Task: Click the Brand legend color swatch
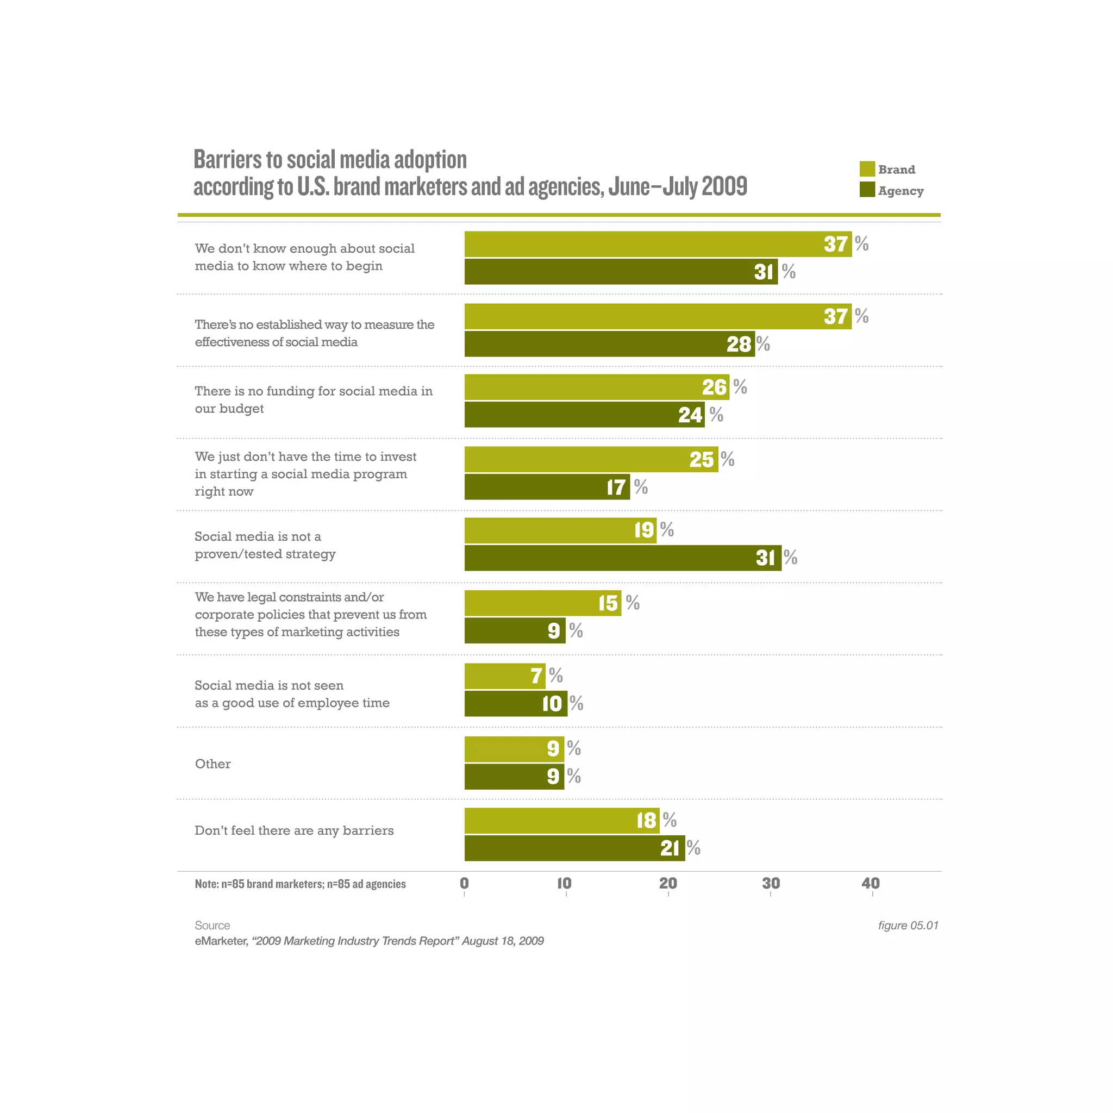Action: click(x=867, y=169)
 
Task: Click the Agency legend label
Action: click(x=901, y=191)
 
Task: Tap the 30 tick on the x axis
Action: click(x=771, y=883)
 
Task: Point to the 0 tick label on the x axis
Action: click(x=464, y=883)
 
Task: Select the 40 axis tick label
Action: click(x=871, y=883)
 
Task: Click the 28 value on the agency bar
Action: click(x=739, y=344)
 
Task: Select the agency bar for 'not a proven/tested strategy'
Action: click(x=622, y=558)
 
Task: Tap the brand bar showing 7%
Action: click(x=504, y=676)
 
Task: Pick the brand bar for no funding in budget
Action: click(x=596, y=387)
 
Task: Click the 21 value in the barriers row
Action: click(x=670, y=848)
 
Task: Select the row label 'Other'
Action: click(x=212, y=764)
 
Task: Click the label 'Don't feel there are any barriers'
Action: click(x=294, y=830)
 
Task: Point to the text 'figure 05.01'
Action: click(x=908, y=925)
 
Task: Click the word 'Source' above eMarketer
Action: click(x=212, y=925)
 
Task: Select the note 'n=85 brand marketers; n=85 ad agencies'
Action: click(x=300, y=884)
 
